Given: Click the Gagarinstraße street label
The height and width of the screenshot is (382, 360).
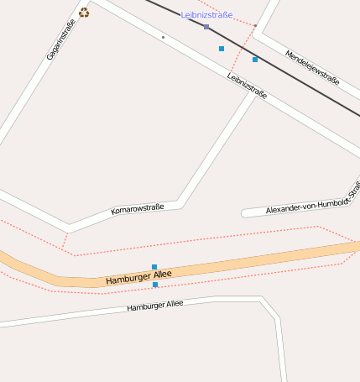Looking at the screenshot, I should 60,39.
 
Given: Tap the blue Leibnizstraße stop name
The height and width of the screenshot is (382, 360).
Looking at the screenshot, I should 206,15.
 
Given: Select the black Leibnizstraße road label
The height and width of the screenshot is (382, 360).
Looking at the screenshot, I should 247,86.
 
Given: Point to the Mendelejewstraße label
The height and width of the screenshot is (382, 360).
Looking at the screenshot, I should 312,68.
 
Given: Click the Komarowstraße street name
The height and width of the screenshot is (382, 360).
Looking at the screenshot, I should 137,207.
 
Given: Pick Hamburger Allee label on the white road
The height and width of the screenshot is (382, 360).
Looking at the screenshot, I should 154,306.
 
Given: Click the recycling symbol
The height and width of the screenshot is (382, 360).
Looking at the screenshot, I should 84,13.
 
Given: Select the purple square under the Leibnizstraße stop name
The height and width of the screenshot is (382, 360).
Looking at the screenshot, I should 206,27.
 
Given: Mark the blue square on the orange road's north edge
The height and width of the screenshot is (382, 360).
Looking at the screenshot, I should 154,267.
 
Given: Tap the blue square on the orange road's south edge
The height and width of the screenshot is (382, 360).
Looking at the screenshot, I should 155,285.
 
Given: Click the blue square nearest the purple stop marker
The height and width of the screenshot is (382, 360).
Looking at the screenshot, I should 222,49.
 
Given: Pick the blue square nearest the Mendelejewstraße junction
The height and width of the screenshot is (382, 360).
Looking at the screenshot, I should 255,60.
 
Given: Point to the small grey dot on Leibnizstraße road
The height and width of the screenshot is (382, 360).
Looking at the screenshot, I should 163,37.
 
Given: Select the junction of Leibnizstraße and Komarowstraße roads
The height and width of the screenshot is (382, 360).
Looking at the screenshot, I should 251,95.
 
